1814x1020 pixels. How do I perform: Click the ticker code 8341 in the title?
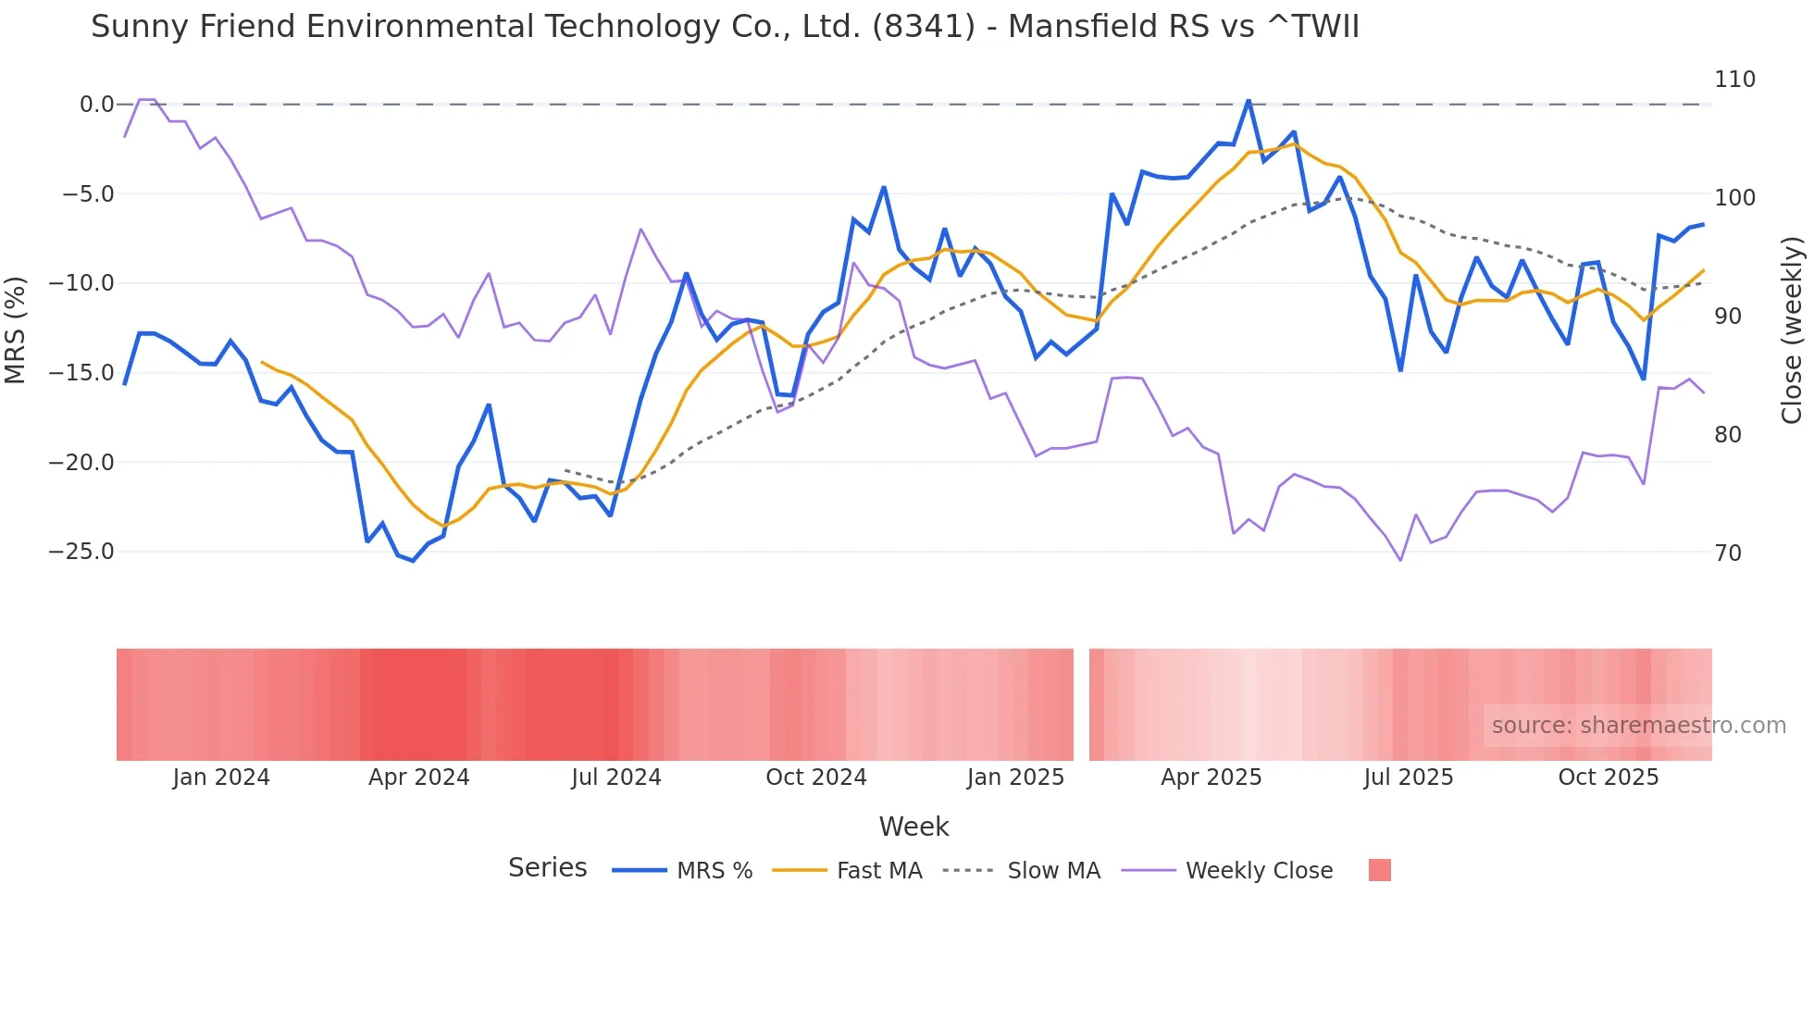click(x=923, y=27)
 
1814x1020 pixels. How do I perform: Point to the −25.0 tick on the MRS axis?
click(x=81, y=552)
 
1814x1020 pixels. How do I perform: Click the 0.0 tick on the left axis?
click(x=96, y=105)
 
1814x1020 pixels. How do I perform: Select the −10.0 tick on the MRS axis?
click(x=81, y=283)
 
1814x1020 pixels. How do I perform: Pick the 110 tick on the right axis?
click(x=1734, y=80)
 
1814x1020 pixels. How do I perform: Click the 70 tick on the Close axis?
click(x=1728, y=554)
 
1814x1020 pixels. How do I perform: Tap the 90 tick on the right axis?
click(x=1728, y=317)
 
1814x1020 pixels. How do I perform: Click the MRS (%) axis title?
click(x=16, y=330)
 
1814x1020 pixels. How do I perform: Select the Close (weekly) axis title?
click(x=1792, y=330)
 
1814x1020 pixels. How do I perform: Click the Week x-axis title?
click(x=913, y=827)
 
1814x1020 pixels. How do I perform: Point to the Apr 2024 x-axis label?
click(x=418, y=777)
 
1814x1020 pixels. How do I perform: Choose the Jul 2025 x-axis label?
click(x=1408, y=777)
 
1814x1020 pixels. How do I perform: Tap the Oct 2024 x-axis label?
click(x=815, y=777)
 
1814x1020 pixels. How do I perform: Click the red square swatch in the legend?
click(x=1379, y=870)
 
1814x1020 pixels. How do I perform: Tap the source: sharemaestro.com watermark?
click(x=1638, y=726)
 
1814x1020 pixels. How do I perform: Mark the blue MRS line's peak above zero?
click(x=1249, y=100)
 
